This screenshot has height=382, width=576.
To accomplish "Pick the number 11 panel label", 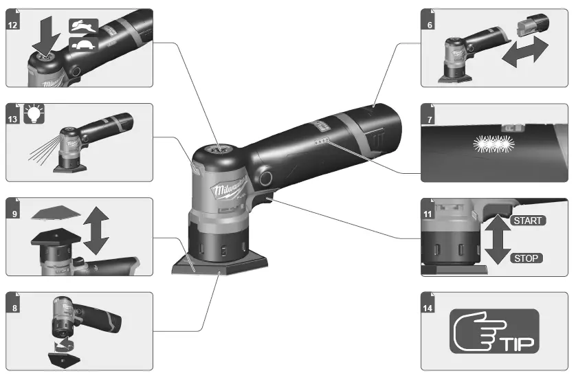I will pyautogui.click(x=429, y=212).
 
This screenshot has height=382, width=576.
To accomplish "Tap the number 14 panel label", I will pyautogui.click(x=429, y=306).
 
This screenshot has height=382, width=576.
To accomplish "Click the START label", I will pyautogui.click(x=528, y=221).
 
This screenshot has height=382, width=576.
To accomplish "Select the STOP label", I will pyautogui.click(x=527, y=258).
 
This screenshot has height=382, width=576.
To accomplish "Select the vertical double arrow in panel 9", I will pyautogui.click(x=96, y=230).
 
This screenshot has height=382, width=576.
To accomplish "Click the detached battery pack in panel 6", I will pyautogui.click(x=529, y=27).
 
